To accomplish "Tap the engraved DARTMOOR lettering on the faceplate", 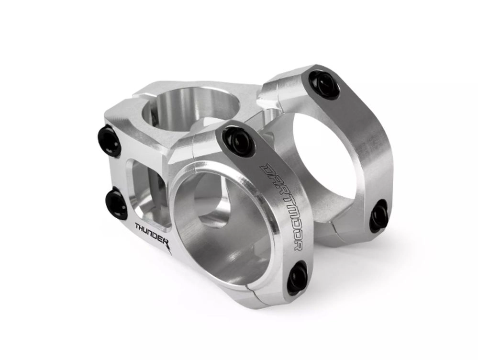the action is click(280, 207).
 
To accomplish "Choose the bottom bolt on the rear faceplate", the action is click(378, 215).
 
